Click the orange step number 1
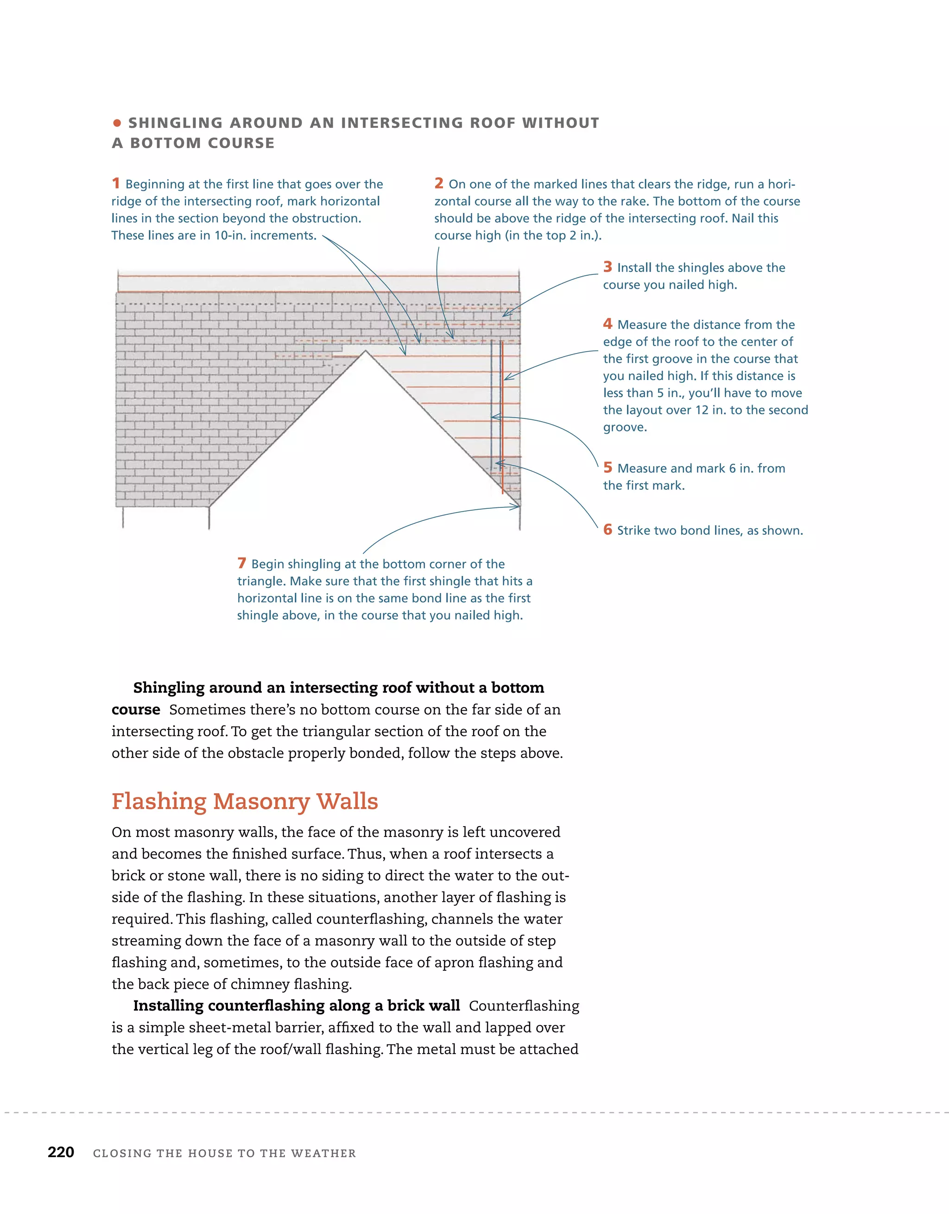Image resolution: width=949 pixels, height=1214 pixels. click(116, 183)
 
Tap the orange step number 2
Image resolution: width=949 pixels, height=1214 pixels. click(439, 183)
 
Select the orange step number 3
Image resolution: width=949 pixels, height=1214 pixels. click(607, 267)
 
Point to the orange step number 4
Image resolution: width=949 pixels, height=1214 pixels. click(607, 323)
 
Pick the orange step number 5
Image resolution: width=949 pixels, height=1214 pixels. click(607, 468)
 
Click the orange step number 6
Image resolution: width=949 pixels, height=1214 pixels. click(607, 529)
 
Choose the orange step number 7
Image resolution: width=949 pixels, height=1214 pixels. click(242, 563)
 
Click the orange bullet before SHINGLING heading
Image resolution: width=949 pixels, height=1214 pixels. click(117, 123)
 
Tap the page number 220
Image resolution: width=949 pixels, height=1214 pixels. click(61, 1152)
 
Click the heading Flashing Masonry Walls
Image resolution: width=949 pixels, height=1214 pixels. click(245, 801)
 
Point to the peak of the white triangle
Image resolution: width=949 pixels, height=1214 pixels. click(365, 352)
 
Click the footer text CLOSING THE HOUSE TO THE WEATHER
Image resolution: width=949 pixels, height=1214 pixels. click(225, 1153)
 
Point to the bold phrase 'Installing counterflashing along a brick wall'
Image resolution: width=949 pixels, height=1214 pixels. click(296, 1005)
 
